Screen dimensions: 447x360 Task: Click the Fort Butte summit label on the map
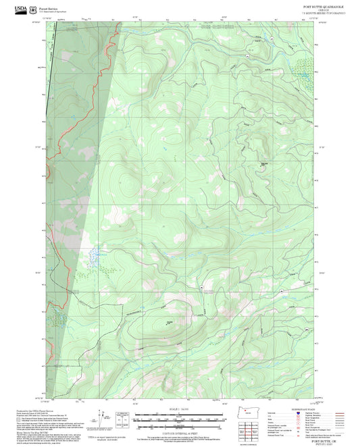click(x=264, y=163)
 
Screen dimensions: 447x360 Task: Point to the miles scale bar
click(x=175, y=417)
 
